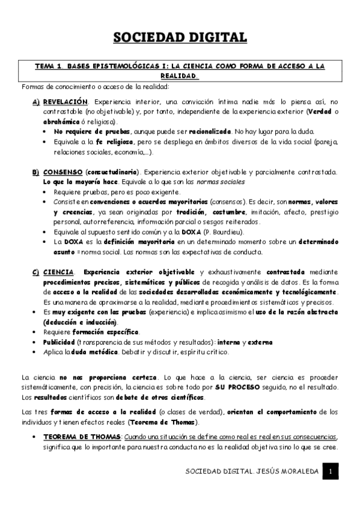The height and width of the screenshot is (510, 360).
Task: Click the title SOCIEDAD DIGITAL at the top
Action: coord(180,37)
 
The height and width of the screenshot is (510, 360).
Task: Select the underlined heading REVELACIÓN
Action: coord(65,102)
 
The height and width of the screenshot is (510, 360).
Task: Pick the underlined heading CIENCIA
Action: coord(58,272)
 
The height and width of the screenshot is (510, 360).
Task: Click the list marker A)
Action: coord(36,102)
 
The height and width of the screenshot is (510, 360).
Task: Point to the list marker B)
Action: coord(36,172)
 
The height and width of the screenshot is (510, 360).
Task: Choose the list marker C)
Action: coord(36,272)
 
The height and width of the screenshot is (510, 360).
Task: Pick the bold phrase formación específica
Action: coord(106,332)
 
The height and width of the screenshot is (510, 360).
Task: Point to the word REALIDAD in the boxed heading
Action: coord(178,77)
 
